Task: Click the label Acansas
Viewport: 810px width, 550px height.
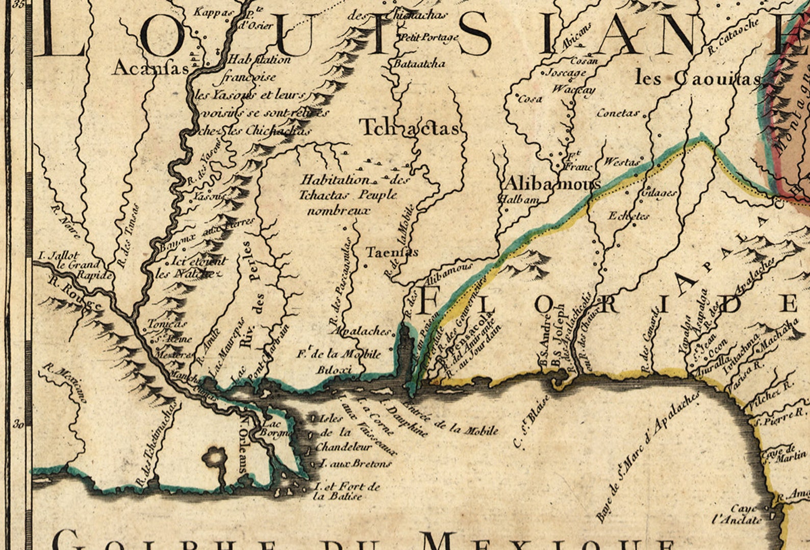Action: point(150,68)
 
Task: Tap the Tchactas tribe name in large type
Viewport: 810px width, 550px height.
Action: point(410,127)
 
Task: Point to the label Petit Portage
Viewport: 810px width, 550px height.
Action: point(429,37)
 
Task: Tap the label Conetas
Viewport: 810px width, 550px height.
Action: point(618,113)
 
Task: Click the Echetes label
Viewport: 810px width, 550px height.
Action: point(628,216)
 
